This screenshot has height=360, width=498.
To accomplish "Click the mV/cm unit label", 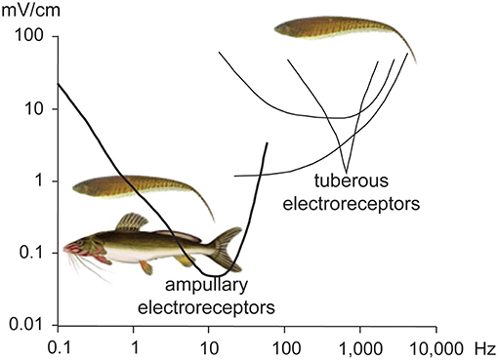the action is point(32,13).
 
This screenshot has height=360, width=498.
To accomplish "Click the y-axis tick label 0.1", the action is point(32,254).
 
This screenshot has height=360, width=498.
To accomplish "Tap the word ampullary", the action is point(205,287).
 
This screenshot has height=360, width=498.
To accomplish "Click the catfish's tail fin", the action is point(226,248).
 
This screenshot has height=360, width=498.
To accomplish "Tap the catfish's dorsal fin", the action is point(130,222).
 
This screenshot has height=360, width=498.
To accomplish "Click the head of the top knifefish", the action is point(283,28).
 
